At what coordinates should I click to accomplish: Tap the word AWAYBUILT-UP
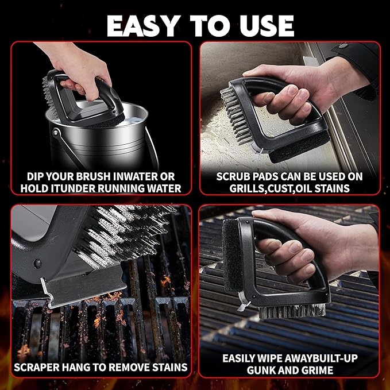321,358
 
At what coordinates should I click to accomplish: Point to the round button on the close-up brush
37,264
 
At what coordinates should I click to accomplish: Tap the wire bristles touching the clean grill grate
292,311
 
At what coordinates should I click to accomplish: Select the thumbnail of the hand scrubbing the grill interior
290,118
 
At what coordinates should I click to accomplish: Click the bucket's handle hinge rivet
55,133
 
